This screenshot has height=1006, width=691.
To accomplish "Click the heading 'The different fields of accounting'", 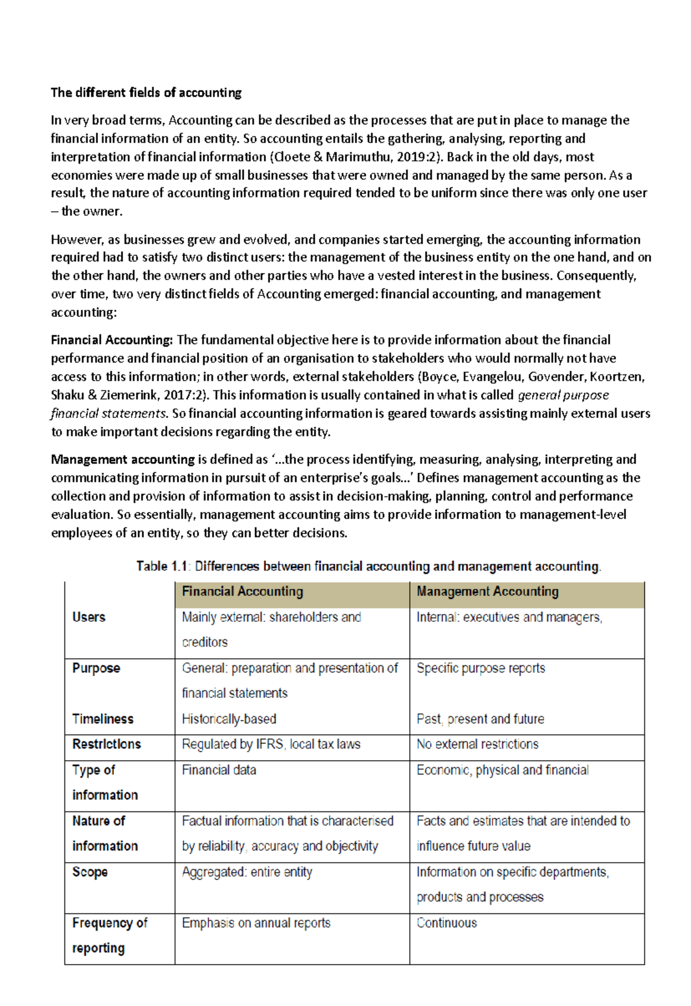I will point(146,93).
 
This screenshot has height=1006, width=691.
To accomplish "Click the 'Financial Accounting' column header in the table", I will point(242,591).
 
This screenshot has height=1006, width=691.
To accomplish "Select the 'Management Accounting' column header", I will point(487,591).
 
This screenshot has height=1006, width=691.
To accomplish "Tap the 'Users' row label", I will point(89,617).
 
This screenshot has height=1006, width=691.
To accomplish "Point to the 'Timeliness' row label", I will point(102,719).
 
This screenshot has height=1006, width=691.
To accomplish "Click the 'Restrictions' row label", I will point(107,745).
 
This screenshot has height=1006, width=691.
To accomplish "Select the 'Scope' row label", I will point(90,872).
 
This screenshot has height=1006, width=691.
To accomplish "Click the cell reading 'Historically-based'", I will point(229,719).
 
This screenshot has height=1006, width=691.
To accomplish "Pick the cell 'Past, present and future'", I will point(480,719).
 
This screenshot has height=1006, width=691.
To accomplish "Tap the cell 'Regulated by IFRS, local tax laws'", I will point(271,745).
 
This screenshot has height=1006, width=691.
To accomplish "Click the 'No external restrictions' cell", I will point(477,745).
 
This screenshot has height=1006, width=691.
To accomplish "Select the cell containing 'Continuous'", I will point(447,923).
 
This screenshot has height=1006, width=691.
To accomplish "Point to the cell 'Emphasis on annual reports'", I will point(256,923).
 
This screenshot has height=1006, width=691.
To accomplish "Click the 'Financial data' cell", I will point(219,770).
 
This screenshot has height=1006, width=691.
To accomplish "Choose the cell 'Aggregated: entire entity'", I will point(247,872).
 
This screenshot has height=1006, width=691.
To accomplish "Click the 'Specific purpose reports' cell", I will point(481,669).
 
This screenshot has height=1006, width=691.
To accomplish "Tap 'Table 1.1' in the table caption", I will point(162,567).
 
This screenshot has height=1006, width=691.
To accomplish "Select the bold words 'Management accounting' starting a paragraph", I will point(123,460).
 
